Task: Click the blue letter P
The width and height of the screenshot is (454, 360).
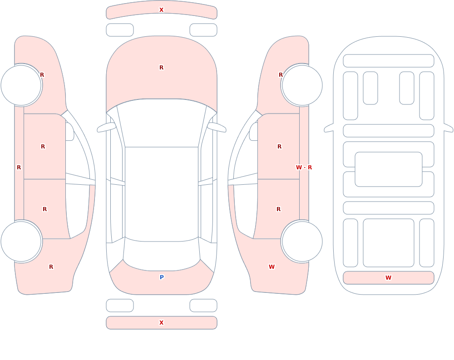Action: pyautogui.click(x=162, y=277)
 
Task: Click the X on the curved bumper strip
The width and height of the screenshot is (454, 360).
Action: pyautogui.click(x=162, y=10)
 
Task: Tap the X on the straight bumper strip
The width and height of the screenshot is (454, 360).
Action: pyautogui.click(x=162, y=323)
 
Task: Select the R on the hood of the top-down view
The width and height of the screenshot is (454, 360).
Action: pyautogui.click(x=162, y=68)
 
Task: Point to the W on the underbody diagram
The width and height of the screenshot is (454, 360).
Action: pyautogui.click(x=388, y=278)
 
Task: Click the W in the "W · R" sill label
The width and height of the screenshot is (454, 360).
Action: pyautogui.click(x=299, y=168)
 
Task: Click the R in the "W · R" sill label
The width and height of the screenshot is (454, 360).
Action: pyautogui.click(x=310, y=168)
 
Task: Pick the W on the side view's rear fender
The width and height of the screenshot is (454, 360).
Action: pyautogui.click(x=271, y=267)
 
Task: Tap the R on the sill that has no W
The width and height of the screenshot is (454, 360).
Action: pyautogui.click(x=19, y=168)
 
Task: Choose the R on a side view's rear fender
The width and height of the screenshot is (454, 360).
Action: pyautogui.click(x=51, y=267)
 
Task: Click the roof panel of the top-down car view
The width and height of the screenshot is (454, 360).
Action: pyautogui.click(x=162, y=194)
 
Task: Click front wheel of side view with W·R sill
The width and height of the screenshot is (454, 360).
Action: pyautogui.click(x=302, y=85)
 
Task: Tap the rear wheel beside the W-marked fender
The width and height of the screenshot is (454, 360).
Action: pyautogui.click(x=302, y=242)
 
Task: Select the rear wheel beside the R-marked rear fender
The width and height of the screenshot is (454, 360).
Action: pyautogui.click(x=21, y=242)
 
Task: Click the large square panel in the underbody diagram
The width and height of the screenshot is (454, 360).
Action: pyautogui.click(x=388, y=243)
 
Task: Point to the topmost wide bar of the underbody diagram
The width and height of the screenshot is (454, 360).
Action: pyautogui.click(x=388, y=61)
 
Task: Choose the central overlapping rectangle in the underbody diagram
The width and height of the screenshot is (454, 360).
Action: pyautogui.click(x=388, y=169)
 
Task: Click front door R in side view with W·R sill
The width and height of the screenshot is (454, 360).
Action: pyautogui.click(x=279, y=147)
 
